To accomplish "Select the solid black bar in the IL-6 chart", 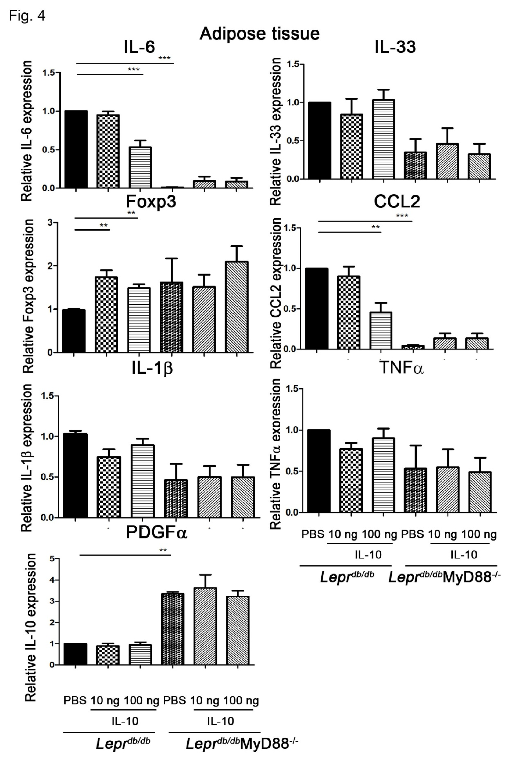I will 76,149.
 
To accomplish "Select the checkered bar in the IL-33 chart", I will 351,146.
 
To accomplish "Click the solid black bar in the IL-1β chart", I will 75,475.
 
